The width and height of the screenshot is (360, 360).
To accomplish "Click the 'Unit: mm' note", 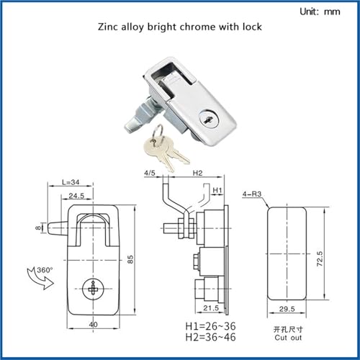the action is click(x=320, y=12).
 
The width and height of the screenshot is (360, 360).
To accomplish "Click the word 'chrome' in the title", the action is click(x=197, y=27).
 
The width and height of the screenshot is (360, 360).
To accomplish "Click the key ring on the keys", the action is click(x=158, y=132).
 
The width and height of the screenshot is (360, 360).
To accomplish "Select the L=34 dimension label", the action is click(x=71, y=182).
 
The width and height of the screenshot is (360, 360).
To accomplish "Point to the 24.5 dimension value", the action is click(x=76, y=196).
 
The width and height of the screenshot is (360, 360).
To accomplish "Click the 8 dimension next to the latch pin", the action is click(x=38, y=228).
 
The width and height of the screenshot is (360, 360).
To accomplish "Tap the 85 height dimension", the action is click(x=130, y=259).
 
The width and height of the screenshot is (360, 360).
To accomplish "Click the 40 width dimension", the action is click(x=93, y=325).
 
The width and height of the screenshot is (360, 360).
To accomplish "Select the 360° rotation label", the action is click(x=45, y=270).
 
